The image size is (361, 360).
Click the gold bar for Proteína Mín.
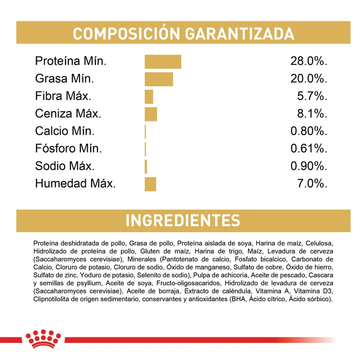[163, 62]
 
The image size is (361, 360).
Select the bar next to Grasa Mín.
[159, 79]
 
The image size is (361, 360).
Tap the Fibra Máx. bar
[149, 97]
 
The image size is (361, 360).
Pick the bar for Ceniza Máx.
[151, 114]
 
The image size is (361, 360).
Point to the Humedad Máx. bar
[150, 184]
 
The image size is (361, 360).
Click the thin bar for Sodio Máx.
[146, 167]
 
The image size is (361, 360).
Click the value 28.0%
[309, 61]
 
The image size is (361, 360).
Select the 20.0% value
[309, 79]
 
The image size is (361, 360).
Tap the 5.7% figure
[312, 96]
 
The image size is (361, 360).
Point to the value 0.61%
[309, 149]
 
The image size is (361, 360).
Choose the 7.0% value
[312, 183]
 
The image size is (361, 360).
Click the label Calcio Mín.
[65, 131]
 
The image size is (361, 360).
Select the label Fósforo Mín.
[69, 148]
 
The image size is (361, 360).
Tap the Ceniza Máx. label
[68, 113]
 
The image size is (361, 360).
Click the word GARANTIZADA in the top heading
[240, 34]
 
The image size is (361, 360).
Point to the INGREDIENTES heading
[183, 220]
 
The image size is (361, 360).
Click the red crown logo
[43, 339]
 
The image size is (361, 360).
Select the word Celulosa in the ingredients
[319, 243]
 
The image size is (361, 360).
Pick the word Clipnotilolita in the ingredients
[51, 299]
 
